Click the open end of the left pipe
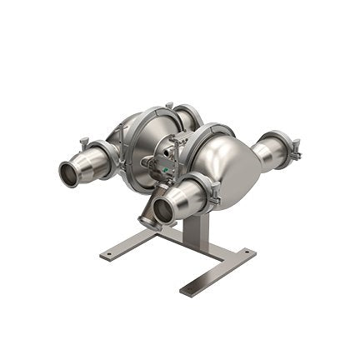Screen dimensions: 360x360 tap(69, 173)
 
